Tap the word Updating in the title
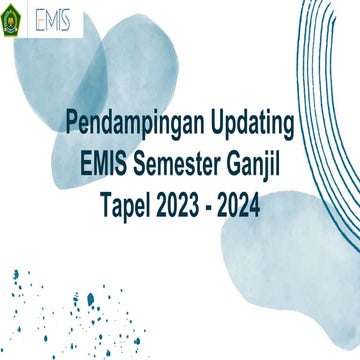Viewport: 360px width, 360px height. pos(250,125)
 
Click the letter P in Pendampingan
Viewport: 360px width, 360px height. pos(72,125)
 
